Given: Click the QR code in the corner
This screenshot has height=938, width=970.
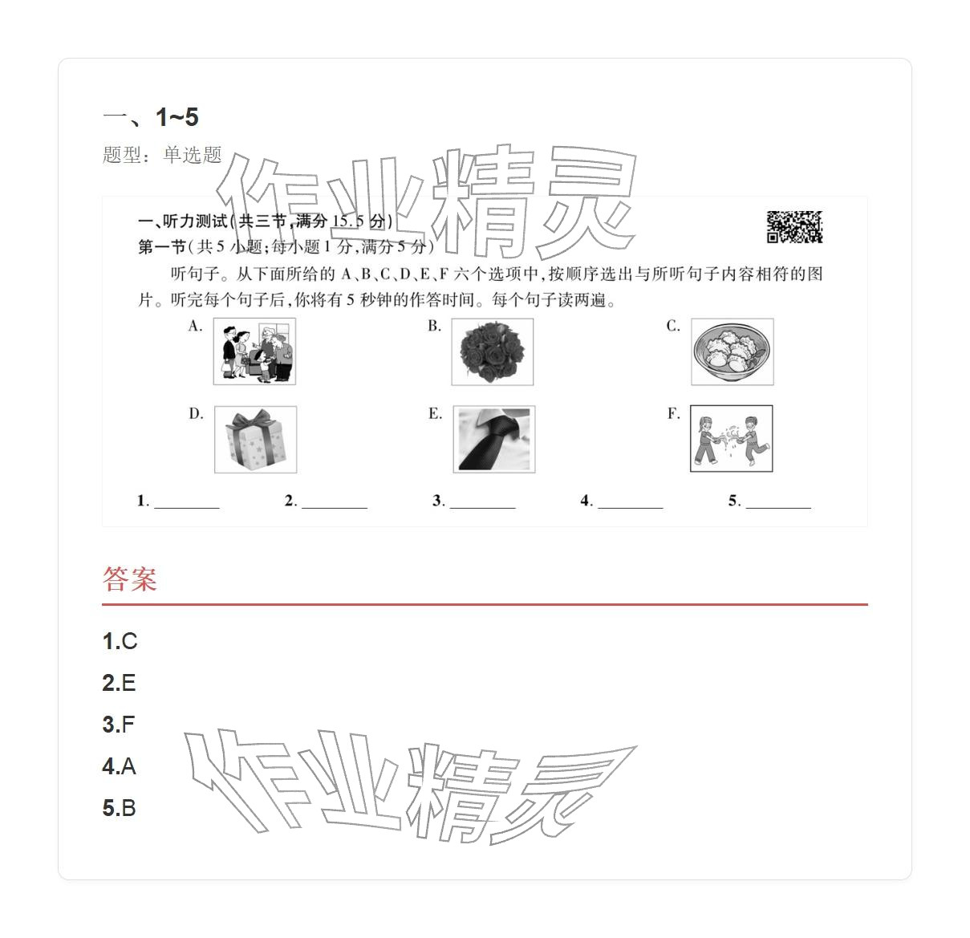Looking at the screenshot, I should [794, 227].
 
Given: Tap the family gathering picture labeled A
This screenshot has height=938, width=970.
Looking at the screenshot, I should [254, 351].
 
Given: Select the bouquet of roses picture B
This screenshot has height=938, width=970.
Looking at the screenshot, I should [492, 351].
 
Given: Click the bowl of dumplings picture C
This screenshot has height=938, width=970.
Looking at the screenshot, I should [732, 351].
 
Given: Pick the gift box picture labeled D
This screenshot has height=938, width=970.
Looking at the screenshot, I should [255, 440].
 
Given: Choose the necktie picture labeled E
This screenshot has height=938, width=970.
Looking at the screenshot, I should [493, 440].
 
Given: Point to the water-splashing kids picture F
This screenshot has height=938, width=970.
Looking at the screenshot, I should [731, 439].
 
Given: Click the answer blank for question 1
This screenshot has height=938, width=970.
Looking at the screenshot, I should [186, 501].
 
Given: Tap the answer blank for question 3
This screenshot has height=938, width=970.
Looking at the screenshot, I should [482, 501].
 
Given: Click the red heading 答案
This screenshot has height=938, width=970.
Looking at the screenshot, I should [129, 579].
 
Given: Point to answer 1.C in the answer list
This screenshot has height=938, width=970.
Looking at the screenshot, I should [120, 641].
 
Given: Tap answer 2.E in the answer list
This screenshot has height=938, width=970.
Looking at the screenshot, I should [119, 683].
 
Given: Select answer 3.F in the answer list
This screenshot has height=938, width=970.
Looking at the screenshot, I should [119, 725].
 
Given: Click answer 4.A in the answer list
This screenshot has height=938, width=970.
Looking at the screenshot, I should [119, 766].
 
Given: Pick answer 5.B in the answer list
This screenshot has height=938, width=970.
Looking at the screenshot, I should [119, 808].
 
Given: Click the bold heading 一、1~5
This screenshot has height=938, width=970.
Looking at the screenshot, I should [150, 117].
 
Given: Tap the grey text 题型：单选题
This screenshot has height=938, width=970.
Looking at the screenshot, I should [162, 155].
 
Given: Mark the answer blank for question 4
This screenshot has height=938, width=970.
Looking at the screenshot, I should [630, 501].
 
